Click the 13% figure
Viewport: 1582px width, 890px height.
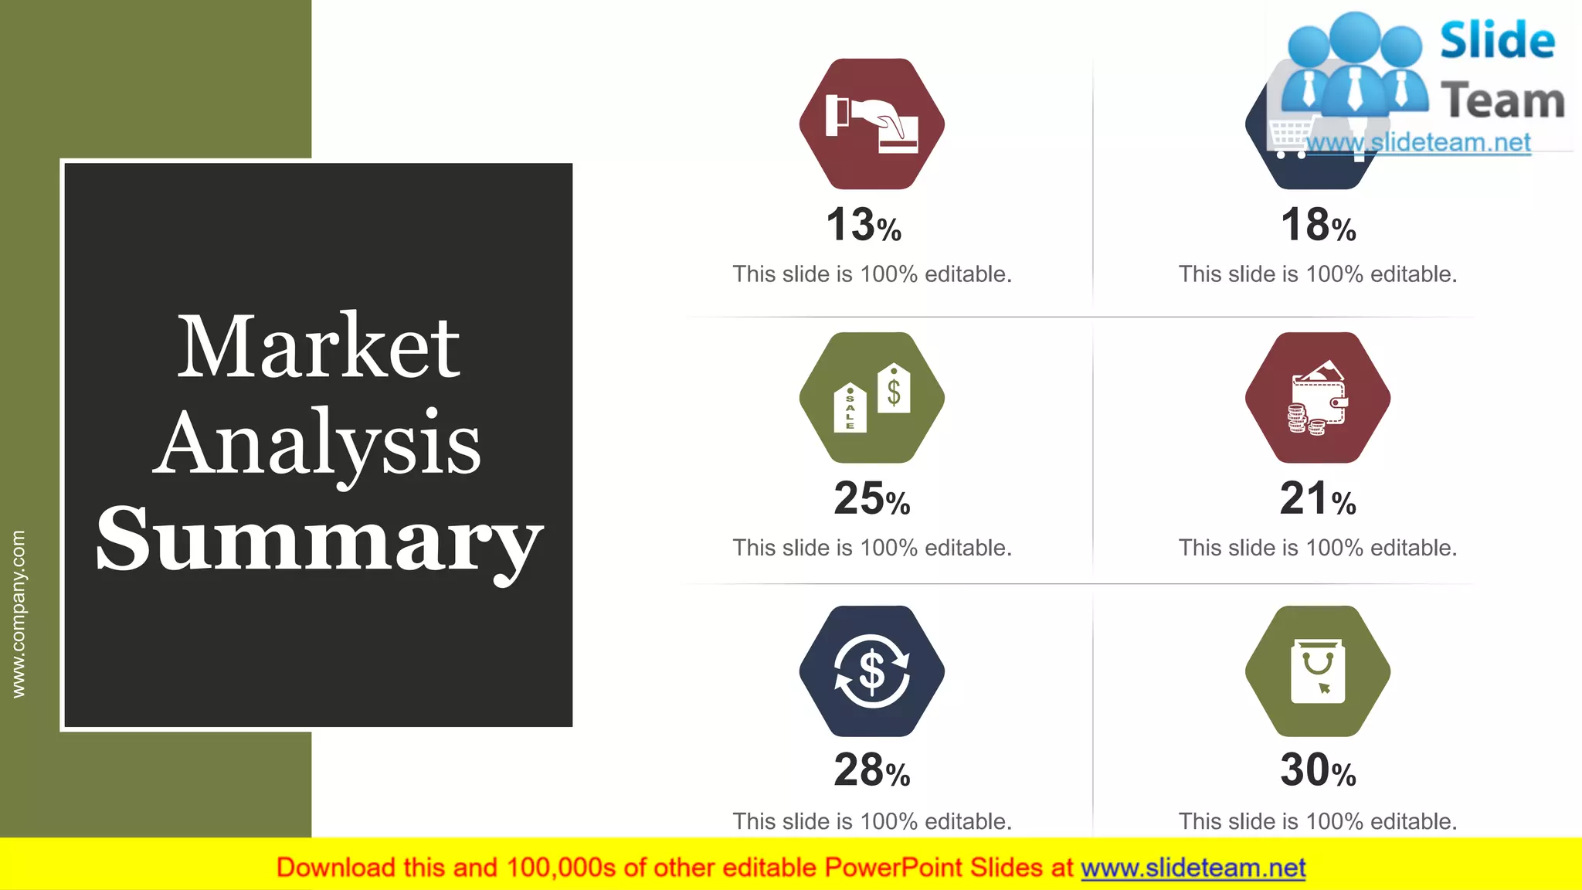[x=863, y=225]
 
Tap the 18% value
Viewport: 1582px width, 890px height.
[x=1318, y=225]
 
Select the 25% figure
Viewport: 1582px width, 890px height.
[x=871, y=498]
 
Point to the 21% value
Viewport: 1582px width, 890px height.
[x=1318, y=498]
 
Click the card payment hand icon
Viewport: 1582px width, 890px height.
[x=871, y=124]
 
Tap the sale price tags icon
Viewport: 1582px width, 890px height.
[x=871, y=397]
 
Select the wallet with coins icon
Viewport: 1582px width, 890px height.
[x=1318, y=399]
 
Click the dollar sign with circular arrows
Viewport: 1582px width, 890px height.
[x=871, y=671]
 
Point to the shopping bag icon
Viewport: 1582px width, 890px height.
[x=1318, y=671]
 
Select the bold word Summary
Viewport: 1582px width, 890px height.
[x=318, y=540]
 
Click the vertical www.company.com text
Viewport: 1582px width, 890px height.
[x=19, y=614]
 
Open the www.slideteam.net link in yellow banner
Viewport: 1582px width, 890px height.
[x=1193, y=868]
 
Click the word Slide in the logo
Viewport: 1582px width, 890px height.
[x=1497, y=40]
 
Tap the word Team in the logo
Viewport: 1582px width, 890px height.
[x=1502, y=101]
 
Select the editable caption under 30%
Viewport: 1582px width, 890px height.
[x=1318, y=821]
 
